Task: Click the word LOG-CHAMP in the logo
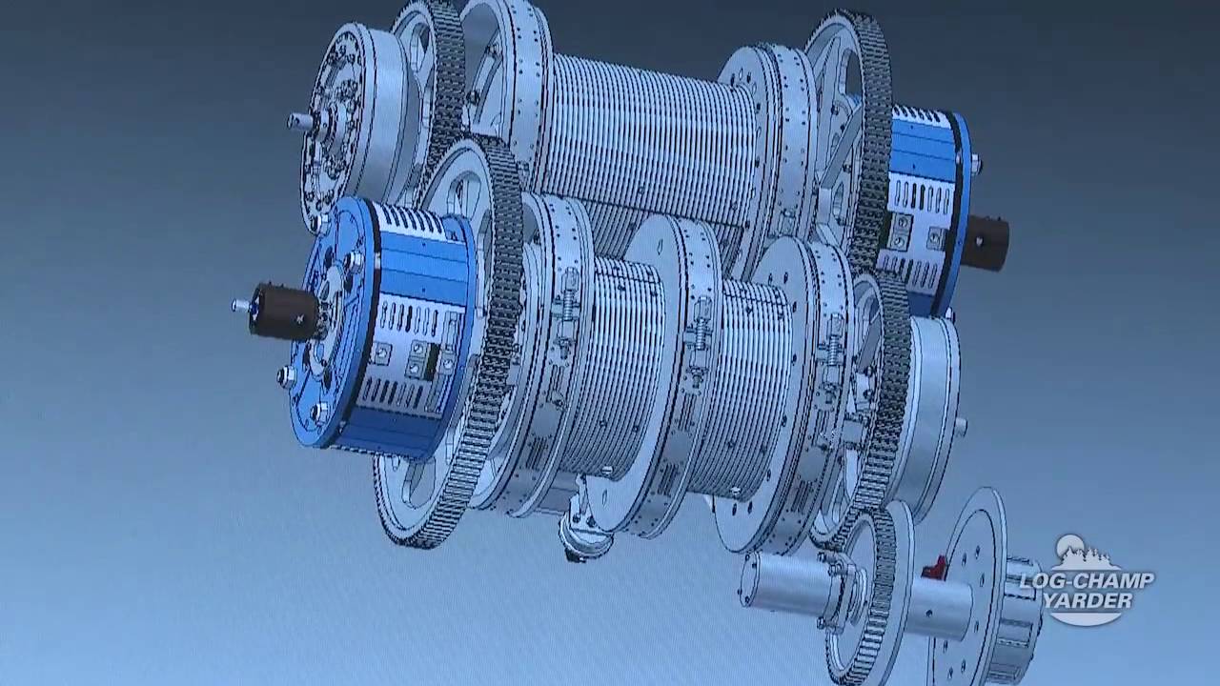(1087, 580)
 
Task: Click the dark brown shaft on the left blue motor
(283, 312)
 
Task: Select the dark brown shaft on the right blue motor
(986, 242)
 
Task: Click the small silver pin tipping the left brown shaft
(239, 306)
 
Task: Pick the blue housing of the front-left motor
(381, 327)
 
